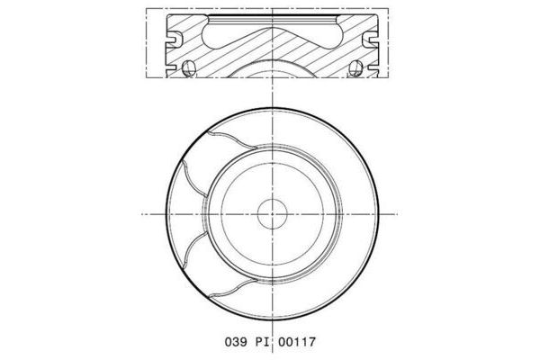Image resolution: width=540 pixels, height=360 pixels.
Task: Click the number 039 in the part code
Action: [x=233, y=343]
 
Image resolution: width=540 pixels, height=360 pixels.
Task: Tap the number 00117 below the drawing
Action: [x=298, y=343]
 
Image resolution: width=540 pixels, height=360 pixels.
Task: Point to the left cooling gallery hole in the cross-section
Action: [x=187, y=69]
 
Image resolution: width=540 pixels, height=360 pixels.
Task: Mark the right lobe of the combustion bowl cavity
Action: [x=317, y=37]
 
